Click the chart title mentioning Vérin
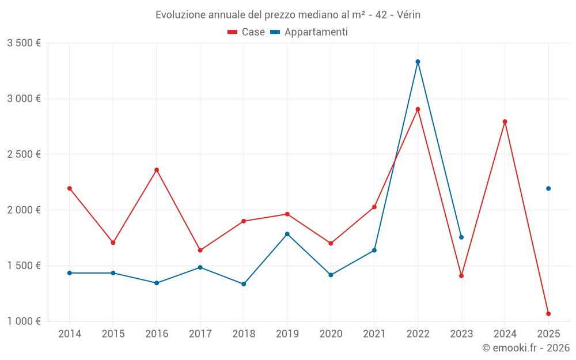point(288,15)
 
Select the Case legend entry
point(247,32)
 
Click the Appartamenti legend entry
point(309,32)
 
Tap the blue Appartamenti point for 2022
point(418,62)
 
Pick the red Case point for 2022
point(418,109)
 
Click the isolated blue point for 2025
point(548,188)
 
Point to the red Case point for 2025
point(548,314)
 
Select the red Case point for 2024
point(505,122)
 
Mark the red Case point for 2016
point(157,170)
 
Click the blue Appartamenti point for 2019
point(287,234)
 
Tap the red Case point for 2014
point(70,188)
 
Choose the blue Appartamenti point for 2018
point(244,284)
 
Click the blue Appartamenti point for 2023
point(461,237)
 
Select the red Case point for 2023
point(461,276)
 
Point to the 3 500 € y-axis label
point(24,43)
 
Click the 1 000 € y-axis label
point(24,321)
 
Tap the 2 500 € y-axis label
point(24,154)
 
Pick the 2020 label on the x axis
point(331,334)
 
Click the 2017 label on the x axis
point(200,334)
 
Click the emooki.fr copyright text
point(525,348)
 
